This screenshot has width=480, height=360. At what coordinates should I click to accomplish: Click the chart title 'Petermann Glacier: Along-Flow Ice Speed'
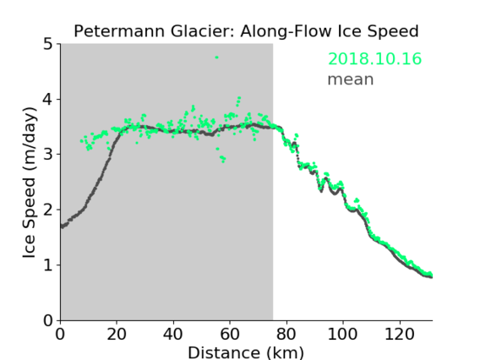pos(246,31)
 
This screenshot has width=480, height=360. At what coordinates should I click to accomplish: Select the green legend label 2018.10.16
pos(374,59)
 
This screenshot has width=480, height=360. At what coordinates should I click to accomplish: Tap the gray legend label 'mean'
pos(351,79)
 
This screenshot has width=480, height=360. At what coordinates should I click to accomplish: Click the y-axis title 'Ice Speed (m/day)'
pos(30,183)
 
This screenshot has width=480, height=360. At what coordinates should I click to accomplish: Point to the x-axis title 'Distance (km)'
pos(246,352)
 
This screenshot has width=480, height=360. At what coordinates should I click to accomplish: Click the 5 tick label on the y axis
pos(48,45)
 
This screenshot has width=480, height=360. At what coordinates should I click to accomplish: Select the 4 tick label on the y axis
pos(48,100)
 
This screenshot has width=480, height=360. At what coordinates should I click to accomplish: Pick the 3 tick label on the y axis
pos(48,155)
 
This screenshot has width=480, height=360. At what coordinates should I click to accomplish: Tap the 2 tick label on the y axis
pos(48,210)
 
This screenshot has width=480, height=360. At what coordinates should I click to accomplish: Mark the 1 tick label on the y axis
pos(48,265)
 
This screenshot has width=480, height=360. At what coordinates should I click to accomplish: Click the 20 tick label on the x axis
pos(117,334)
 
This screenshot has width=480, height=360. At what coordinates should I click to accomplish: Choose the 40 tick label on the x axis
pos(173,334)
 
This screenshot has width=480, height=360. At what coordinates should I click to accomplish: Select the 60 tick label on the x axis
pos(230,334)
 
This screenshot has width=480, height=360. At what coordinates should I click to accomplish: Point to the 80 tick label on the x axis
pos(286,334)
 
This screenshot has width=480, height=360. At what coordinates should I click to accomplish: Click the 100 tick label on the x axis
pos(342,334)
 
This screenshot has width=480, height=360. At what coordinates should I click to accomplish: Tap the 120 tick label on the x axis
pos(399,334)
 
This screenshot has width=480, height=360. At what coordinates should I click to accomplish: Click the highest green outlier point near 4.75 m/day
pos(216,57)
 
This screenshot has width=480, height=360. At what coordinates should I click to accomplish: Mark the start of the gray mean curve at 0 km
pos(62,226)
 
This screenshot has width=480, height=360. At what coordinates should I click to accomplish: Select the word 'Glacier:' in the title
pos(203,31)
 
